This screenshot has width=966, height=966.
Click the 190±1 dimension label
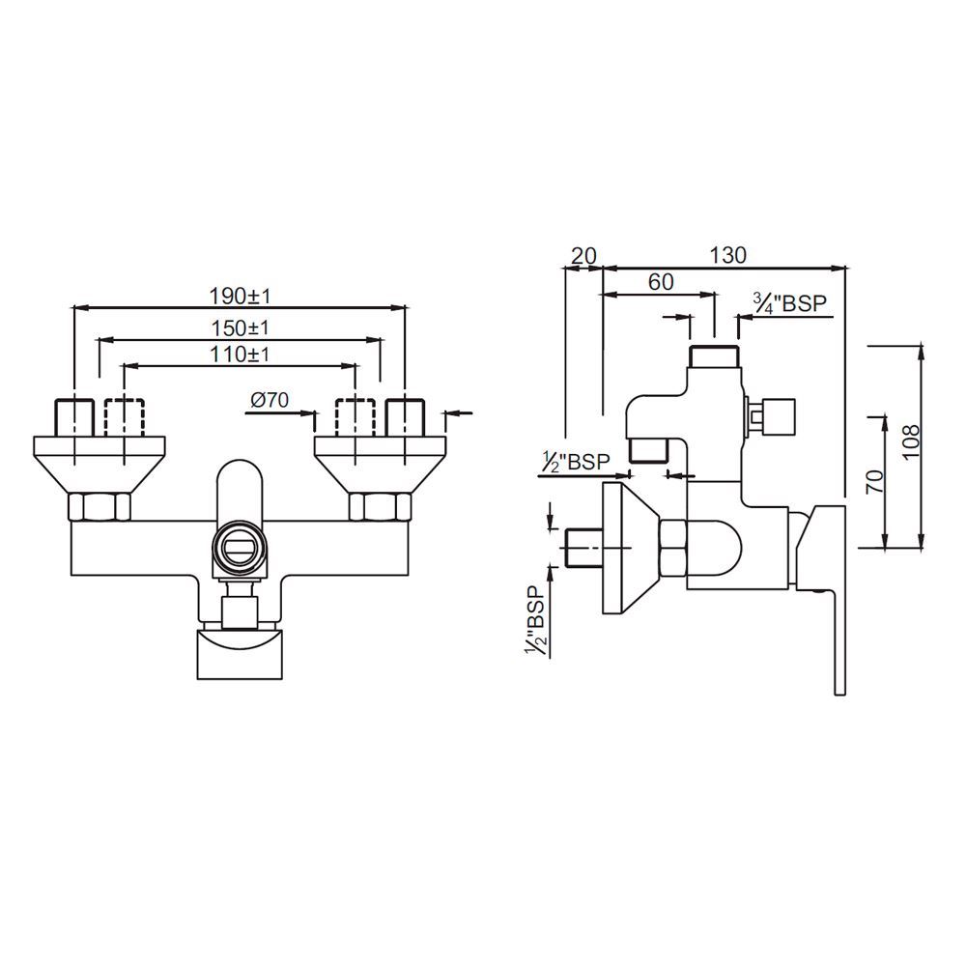(x=238, y=295)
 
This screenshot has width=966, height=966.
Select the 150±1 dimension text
(x=240, y=327)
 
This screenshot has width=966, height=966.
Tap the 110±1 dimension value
(x=240, y=354)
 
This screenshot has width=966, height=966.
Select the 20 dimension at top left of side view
(x=582, y=255)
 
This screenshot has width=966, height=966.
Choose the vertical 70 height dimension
(x=873, y=480)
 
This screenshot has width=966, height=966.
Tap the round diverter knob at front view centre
(x=239, y=548)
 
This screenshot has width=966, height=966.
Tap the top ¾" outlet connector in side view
(x=715, y=356)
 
